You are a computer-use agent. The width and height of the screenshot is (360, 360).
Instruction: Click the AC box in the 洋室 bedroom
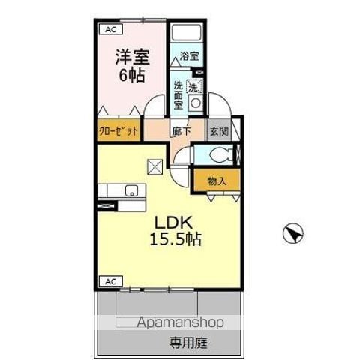coord(111,29)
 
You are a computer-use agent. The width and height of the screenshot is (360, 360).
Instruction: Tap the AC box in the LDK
coord(111,281)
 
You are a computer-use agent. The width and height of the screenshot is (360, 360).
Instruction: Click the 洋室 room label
coord(132,57)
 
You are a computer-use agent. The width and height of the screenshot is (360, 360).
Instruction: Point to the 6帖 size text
coord(132,75)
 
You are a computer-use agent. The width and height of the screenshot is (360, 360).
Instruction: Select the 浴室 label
coord(190,56)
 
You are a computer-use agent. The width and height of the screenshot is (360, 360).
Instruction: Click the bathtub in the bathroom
coord(187,32)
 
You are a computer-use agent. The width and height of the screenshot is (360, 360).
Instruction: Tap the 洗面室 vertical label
coord(178,95)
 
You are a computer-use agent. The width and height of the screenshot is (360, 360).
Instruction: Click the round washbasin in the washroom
coord(195,103)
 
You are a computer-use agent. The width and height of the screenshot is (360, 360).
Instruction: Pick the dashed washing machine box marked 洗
coord(194,86)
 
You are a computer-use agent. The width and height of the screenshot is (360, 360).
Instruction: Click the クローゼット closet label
coord(118,130)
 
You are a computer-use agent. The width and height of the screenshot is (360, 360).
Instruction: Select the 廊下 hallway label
coord(181,131)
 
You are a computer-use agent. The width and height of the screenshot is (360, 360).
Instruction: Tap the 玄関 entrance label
coord(220,131)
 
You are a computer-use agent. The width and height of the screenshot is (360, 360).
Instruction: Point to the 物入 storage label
coord(217,181)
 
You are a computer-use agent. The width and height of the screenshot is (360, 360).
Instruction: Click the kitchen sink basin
coord(131,190)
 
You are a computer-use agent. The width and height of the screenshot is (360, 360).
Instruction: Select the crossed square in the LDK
coord(155,167)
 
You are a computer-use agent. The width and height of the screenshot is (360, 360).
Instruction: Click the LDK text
coord(173,223)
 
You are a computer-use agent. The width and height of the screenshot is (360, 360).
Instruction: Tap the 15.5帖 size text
coord(175,239)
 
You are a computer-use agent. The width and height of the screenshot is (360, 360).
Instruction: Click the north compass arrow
coord(293,233)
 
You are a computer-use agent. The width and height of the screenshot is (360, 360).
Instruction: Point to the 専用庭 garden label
coord(189,343)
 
